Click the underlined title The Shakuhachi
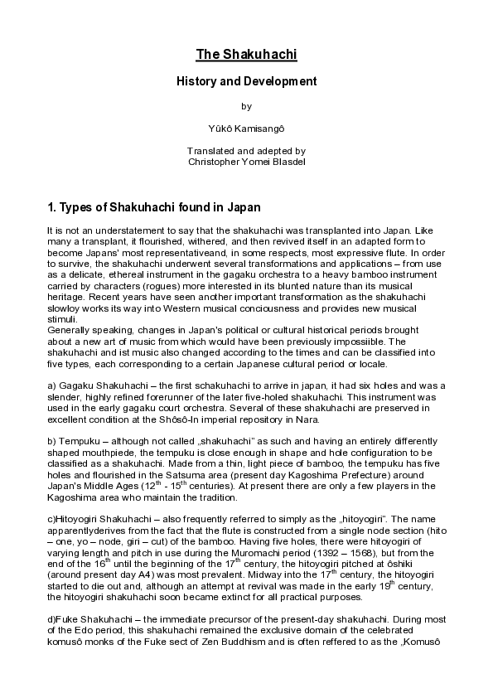coord(246,56)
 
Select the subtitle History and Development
coord(246,82)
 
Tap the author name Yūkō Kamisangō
coord(246,128)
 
